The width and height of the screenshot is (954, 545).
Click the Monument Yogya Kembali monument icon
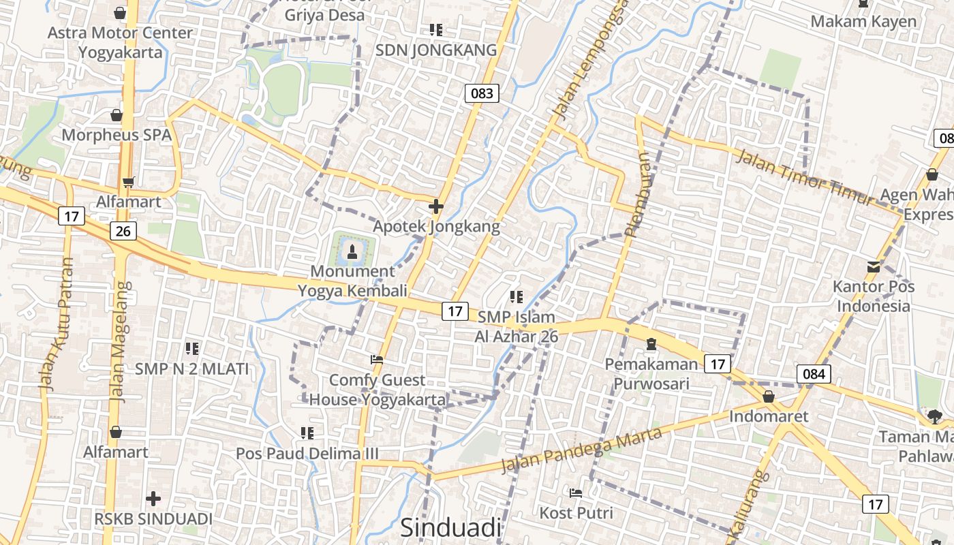(352, 251)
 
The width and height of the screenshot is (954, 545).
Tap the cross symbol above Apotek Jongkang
(436, 206)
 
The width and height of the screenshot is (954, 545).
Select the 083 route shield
(482, 93)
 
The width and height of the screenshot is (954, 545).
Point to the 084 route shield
(814, 373)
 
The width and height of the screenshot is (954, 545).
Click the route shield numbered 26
(123, 231)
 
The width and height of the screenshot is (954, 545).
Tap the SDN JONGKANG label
(436, 50)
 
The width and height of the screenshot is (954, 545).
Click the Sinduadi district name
(450, 527)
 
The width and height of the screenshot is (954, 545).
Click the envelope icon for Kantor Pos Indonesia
(874, 266)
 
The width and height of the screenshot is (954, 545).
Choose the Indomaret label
(769, 416)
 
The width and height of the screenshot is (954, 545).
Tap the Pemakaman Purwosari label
(651, 373)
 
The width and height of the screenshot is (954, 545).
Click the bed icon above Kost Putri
(576, 493)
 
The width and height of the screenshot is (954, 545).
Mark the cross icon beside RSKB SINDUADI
(153, 499)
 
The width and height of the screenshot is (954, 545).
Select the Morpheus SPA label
(117, 134)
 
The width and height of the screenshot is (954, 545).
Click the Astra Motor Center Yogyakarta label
(120, 42)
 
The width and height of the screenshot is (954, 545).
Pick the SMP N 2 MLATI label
(191, 369)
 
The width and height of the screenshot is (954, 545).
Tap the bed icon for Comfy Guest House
(376, 360)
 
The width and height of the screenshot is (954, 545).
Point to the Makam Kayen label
(863, 21)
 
